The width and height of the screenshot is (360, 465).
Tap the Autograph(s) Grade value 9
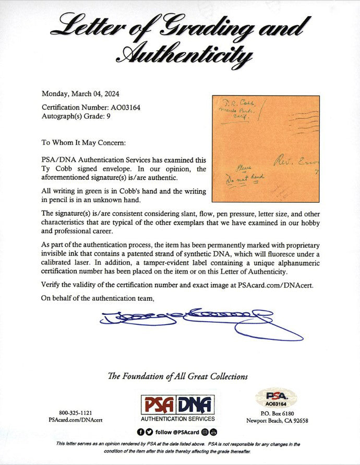109,116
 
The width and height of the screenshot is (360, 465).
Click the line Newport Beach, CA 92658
277,421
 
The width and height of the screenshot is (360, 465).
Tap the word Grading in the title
209,25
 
